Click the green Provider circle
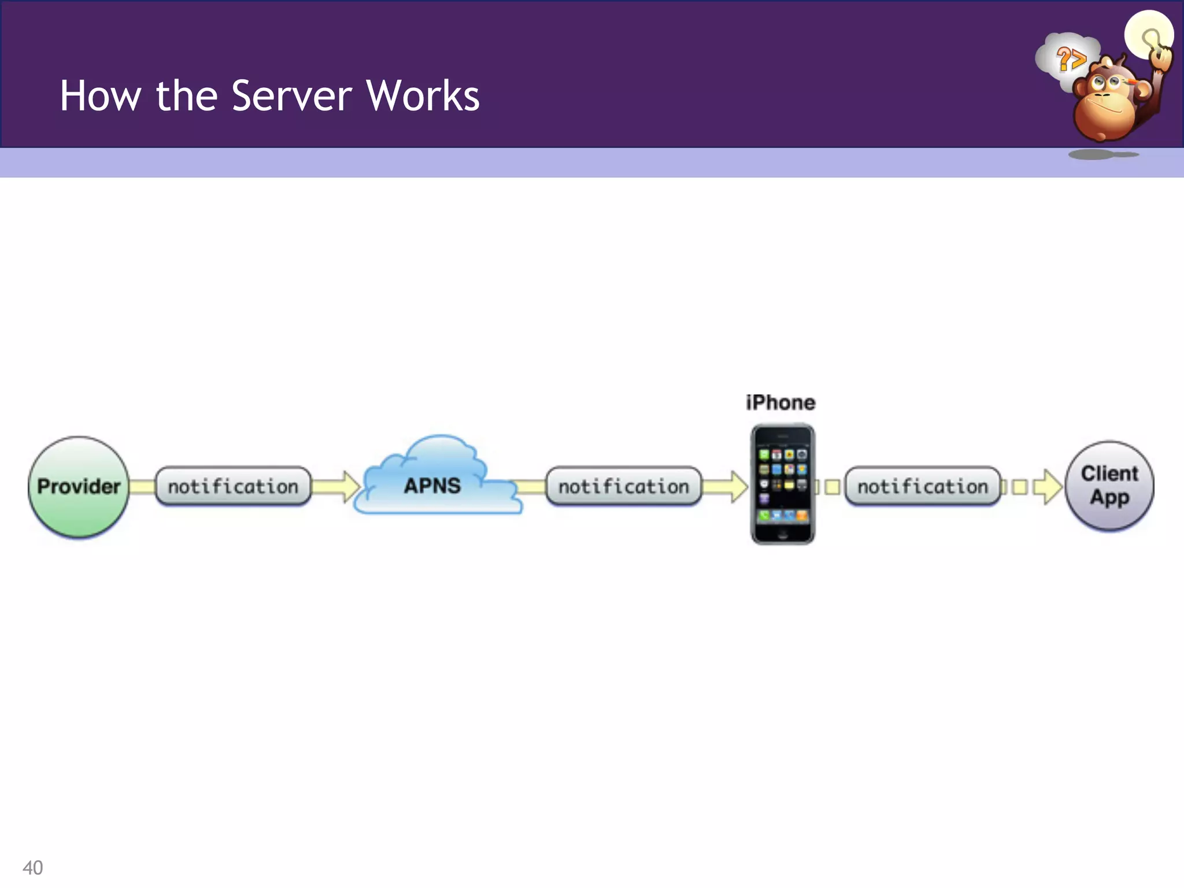coord(79,487)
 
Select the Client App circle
coord(1109,486)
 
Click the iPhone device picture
coord(782,484)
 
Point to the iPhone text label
coord(780,402)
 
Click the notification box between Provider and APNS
coord(233,486)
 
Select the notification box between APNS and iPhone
coord(623,486)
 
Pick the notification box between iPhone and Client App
coord(922,486)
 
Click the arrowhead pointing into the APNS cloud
coord(350,486)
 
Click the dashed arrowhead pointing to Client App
coord(1049,486)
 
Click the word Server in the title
coord(291,95)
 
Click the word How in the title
coord(101,95)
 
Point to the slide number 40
coord(32,867)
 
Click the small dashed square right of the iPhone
coord(832,487)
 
